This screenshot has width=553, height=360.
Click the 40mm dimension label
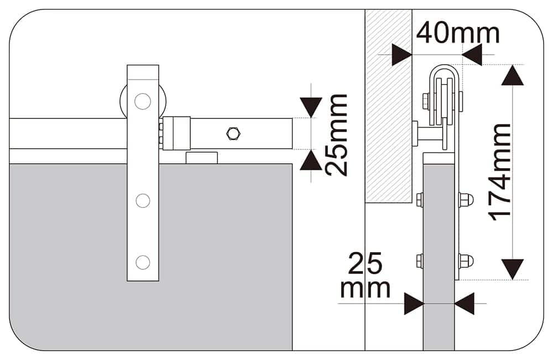pyautogui.click(x=457, y=33)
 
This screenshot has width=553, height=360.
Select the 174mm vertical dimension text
pyautogui.click(x=502, y=171)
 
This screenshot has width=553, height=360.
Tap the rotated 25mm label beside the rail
pyautogui.click(x=336, y=135)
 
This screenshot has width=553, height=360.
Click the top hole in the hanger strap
pyautogui.click(x=143, y=101)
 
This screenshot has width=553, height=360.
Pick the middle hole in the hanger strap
pyautogui.click(x=143, y=201)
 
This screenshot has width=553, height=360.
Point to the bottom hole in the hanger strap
pyautogui.click(x=143, y=262)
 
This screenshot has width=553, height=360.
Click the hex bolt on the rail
pyautogui.click(x=232, y=133)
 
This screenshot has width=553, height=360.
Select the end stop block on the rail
pyautogui.click(x=176, y=133)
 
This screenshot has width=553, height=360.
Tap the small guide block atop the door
pyautogui.click(x=201, y=158)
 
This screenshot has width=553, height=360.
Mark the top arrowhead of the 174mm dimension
pyautogui.click(x=513, y=75)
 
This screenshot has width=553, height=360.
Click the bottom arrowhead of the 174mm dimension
pyautogui.click(x=513, y=269)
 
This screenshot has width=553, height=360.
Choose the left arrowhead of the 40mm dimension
pyautogui.click(x=401, y=55)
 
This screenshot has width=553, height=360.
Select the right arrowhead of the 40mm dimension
pyautogui.click(x=472, y=55)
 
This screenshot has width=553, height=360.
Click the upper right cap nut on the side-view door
pyautogui.click(x=466, y=199)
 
